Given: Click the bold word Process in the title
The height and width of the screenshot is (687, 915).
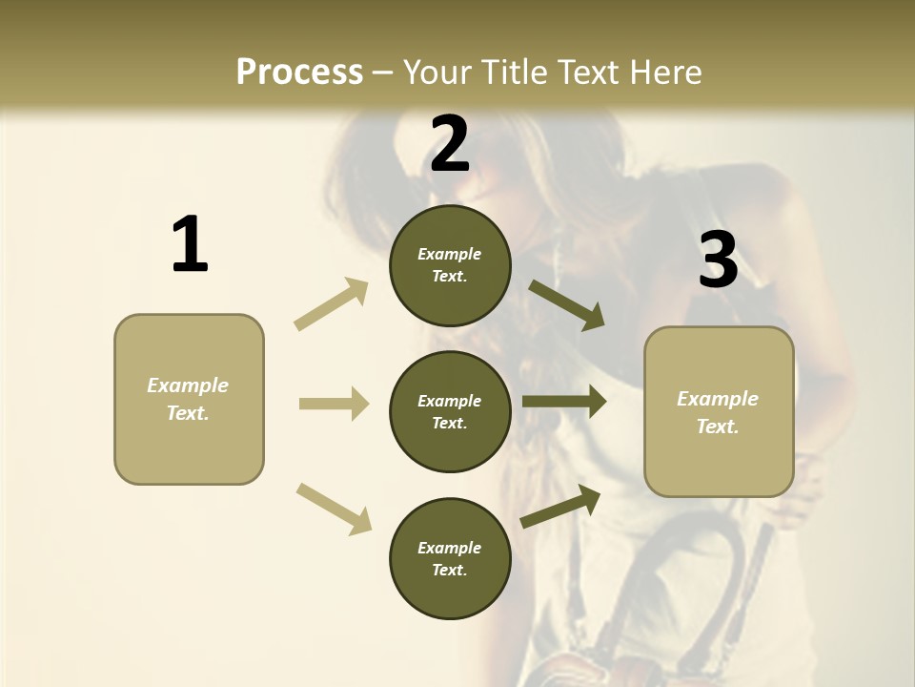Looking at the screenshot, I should [x=299, y=72].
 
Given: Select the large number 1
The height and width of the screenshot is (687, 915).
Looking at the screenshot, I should [x=190, y=245].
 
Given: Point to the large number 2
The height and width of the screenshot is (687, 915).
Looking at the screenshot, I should [x=450, y=144].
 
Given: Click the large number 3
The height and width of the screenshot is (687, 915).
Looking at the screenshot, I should [x=719, y=260].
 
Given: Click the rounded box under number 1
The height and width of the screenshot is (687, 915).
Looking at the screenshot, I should [x=189, y=399].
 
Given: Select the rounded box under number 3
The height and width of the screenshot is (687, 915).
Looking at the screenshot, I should [x=719, y=412].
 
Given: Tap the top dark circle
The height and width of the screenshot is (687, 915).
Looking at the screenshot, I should [x=450, y=265].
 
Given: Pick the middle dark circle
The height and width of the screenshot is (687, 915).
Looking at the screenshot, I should [x=450, y=411].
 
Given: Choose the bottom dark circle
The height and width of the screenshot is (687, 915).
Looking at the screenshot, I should [x=450, y=558].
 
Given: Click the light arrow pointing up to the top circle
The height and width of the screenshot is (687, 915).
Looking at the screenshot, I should [x=332, y=304].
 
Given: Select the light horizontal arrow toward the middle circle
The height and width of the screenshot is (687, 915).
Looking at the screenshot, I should [x=334, y=404].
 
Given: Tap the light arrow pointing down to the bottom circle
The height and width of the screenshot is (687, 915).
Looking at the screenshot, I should [x=334, y=508].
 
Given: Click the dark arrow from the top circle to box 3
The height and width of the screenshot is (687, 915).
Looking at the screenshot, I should [x=567, y=305].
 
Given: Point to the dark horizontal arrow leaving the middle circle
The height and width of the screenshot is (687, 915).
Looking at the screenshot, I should [x=564, y=402].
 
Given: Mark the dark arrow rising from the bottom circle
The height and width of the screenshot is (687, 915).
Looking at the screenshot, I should [x=561, y=507].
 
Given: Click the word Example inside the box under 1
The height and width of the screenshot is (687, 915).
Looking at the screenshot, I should [x=188, y=385].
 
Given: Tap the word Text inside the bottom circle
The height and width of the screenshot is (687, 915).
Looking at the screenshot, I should [x=448, y=570].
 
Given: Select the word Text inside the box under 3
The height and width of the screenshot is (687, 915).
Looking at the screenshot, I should [x=717, y=427].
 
